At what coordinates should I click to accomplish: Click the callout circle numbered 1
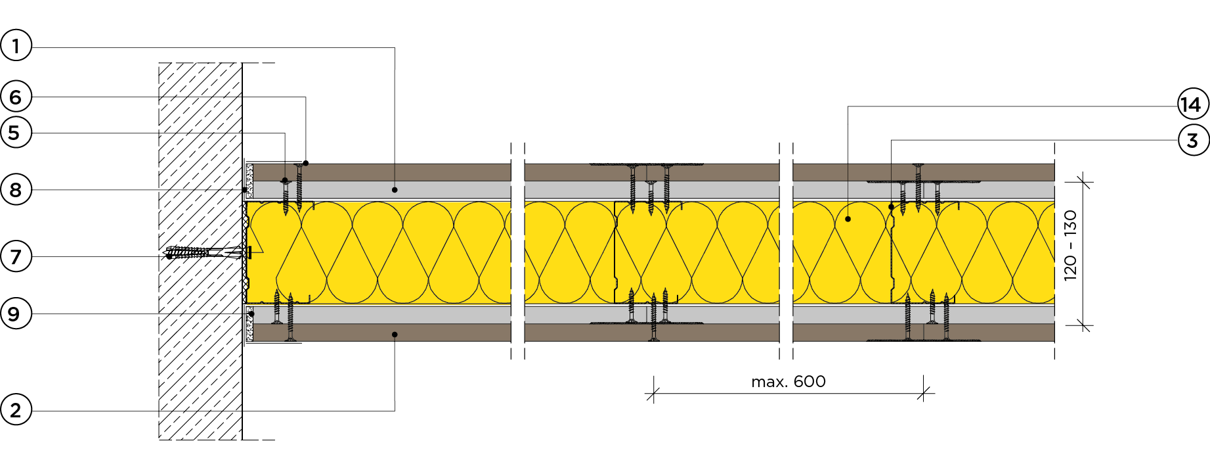(x=16, y=46)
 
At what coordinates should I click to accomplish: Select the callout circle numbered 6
(x=16, y=97)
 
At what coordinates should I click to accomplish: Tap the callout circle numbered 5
(x=16, y=133)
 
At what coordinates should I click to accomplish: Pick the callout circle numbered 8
(x=16, y=190)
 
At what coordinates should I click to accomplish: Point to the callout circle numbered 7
(x=16, y=256)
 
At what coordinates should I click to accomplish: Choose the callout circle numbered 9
(x=16, y=314)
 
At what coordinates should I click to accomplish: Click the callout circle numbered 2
(x=16, y=410)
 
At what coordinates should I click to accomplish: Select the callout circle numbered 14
(x=1193, y=105)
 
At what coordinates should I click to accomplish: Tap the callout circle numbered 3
(x=1193, y=140)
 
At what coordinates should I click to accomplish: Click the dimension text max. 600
(x=788, y=382)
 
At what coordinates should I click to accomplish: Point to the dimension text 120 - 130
(x=1070, y=245)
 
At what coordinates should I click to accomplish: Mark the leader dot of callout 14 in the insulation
(x=848, y=219)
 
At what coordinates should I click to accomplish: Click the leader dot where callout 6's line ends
(x=306, y=163)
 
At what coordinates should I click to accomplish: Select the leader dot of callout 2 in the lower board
(x=395, y=335)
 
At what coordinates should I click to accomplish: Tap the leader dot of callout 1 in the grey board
(x=395, y=190)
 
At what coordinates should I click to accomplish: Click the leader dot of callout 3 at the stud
(x=891, y=207)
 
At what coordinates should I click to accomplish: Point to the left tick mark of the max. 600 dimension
(x=653, y=394)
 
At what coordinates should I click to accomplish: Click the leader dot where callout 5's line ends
(x=285, y=180)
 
